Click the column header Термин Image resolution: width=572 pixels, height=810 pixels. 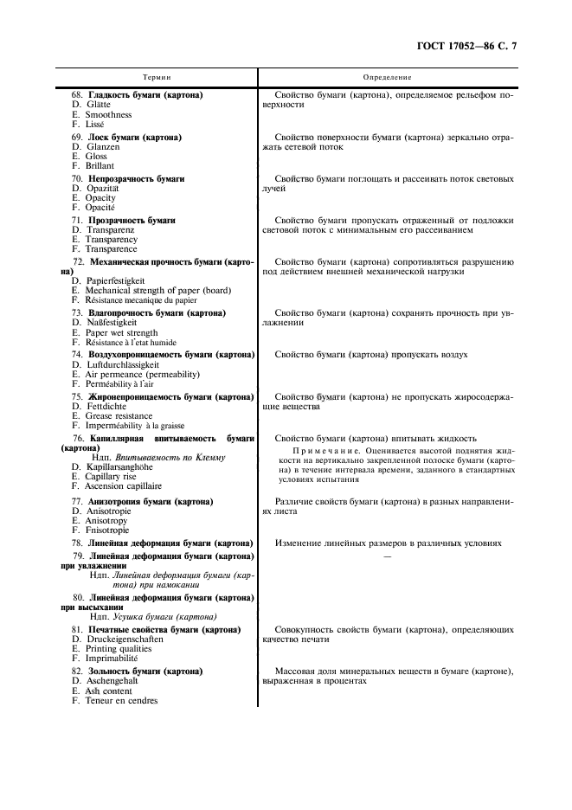point(157,77)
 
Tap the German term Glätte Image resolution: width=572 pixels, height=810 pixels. point(98,105)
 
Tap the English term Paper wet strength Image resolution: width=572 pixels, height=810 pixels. point(121,332)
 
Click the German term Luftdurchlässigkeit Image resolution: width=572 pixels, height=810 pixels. point(126,364)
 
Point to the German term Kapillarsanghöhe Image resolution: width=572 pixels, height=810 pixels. point(123,467)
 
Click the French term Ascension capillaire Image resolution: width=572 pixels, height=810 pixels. point(124,486)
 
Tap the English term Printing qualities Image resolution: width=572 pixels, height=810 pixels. point(120,648)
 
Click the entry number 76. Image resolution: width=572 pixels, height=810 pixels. point(78,438)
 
